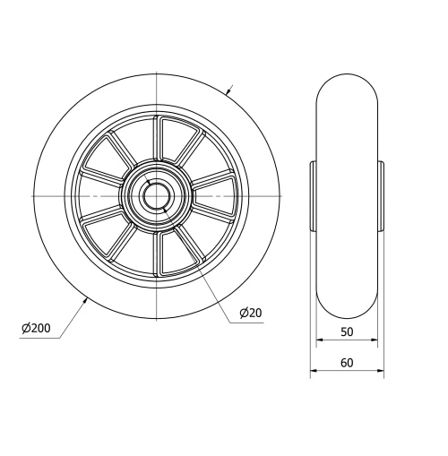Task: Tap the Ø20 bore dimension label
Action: tap(250, 313)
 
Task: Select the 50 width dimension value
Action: tap(347, 331)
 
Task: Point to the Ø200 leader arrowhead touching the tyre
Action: tap(86, 299)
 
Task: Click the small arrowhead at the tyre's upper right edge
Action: tap(228, 90)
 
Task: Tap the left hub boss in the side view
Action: tap(313, 195)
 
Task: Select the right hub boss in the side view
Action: tap(380, 195)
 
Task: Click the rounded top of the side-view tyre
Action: tap(347, 75)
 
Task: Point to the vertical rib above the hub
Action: tap(156, 139)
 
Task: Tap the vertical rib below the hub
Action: tap(156, 252)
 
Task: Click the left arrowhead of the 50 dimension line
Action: tap(319, 341)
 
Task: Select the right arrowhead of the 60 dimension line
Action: tap(381, 371)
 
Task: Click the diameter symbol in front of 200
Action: tap(27, 329)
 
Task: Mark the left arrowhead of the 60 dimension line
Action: tap(314, 371)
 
